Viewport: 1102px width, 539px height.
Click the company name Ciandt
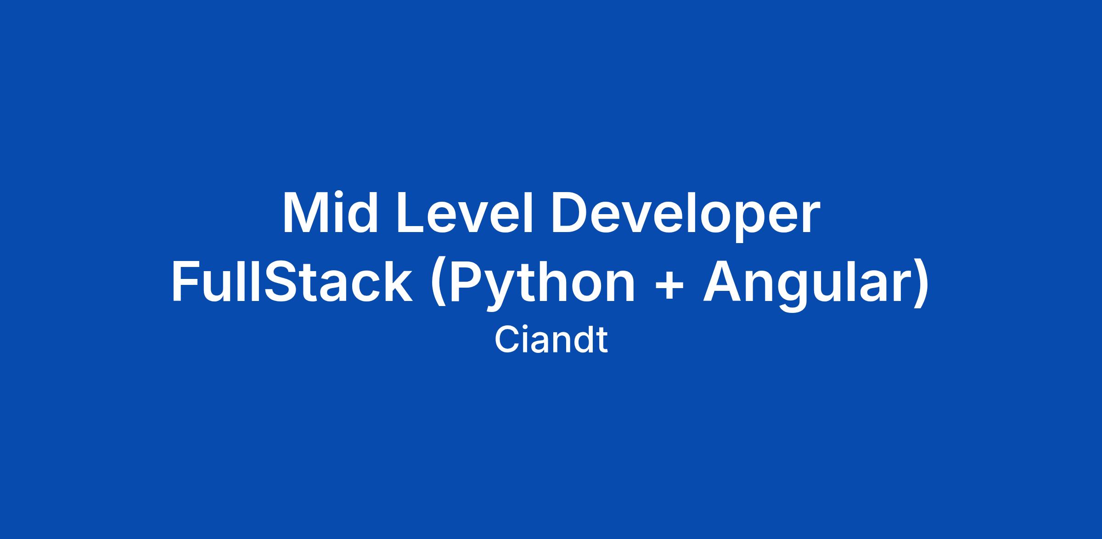tap(551, 340)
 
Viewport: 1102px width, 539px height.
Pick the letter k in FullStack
tap(398, 281)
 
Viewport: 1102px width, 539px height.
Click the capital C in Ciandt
tap(507, 340)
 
